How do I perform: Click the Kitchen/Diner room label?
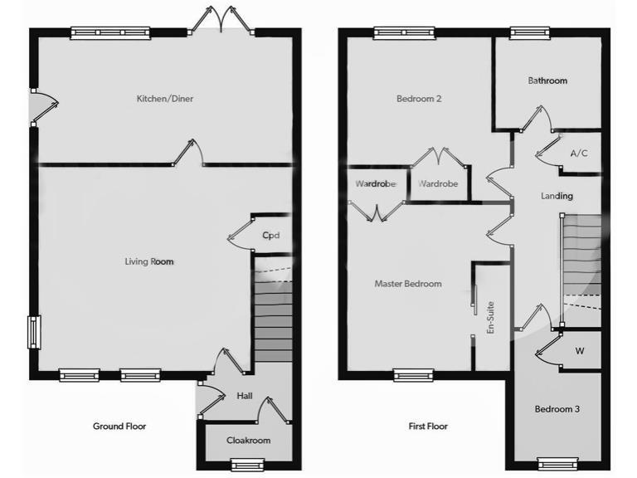coord(165,99)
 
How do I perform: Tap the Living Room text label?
coord(149,261)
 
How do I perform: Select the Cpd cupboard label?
coord(270,236)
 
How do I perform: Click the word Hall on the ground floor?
coord(245,397)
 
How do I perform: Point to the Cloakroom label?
coord(248,441)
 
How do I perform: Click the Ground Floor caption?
coord(119,427)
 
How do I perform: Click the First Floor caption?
coord(428,427)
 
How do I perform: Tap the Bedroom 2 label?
coord(418,99)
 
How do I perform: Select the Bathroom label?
coord(547,80)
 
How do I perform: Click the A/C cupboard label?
coord(579,154)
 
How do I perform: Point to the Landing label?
coord(557,196)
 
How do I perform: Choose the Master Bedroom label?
coord(407,284)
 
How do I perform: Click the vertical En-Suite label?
coord(491,318)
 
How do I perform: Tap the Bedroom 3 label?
coord(557,409)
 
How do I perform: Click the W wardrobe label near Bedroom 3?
coord(580,351)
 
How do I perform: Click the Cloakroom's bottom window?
coord(247,464)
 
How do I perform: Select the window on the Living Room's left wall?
coord(34,331)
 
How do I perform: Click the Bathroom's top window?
coord(524,33)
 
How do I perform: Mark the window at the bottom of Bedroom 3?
coord(557,463)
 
